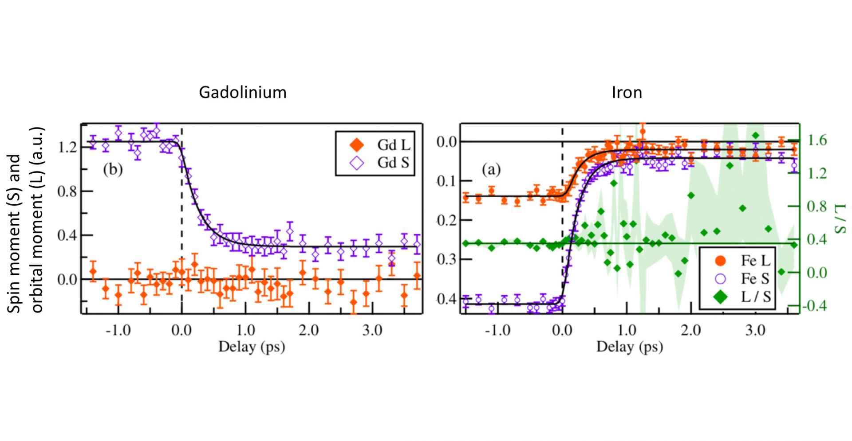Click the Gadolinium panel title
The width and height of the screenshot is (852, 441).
click(242, 92)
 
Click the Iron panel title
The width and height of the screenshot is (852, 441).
click(627, 92)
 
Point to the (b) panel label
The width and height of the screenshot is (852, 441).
click(113, 170)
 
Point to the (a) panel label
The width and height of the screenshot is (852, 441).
click(491, 169)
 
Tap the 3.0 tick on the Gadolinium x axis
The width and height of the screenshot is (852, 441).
click(372, 331)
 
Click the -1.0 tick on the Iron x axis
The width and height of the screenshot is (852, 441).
click(498, 331)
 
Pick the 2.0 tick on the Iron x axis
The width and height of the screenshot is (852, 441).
click(691, 331)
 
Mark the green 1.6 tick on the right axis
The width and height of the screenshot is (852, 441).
click(817, 141)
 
